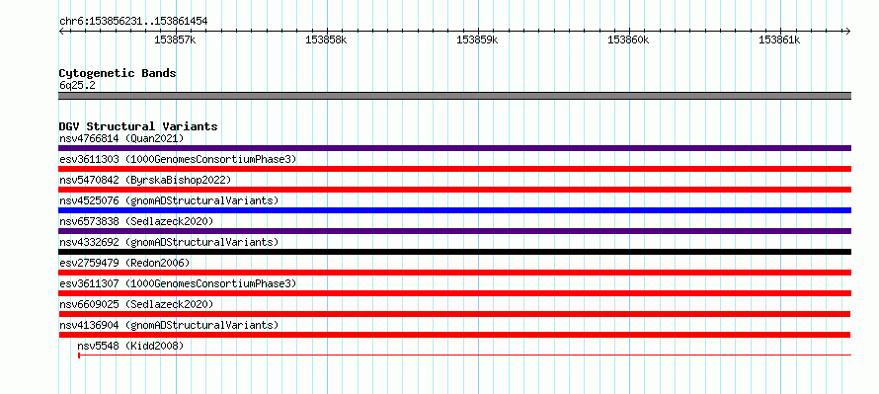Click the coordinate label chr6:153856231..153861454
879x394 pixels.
133,22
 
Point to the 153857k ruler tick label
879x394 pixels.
175,40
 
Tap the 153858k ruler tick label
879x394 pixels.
326,40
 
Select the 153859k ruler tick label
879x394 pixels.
477,40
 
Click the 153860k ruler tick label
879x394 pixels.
628,40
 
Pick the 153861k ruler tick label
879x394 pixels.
779,40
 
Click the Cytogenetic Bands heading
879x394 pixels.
118,73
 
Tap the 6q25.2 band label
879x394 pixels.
77,85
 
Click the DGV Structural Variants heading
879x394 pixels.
138,126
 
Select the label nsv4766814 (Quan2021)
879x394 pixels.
121,138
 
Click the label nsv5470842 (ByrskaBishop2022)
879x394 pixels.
145,180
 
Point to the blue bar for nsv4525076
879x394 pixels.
454,210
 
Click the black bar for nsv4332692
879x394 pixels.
454,252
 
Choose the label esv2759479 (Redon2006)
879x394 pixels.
124,263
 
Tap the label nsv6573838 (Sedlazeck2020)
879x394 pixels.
136,221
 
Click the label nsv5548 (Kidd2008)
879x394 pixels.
130,346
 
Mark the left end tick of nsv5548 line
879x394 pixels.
79,355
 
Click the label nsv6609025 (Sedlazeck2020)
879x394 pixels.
136,304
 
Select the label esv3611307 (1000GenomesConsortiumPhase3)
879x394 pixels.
178,283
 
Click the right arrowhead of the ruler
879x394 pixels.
848,31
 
